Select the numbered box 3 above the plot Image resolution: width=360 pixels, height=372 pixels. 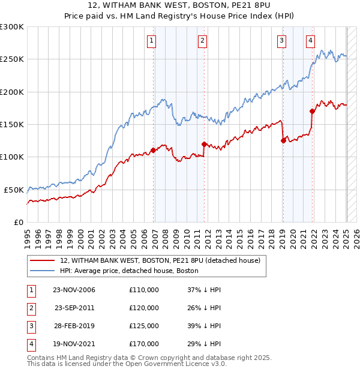click(x=281, y=41)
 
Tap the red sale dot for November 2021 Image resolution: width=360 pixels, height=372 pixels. click(x=312, y=111)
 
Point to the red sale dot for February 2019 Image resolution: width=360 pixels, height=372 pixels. click(x=283, y=140)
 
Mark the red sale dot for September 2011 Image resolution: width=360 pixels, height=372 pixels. click(x=204, y=144)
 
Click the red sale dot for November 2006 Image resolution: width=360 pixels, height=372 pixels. click(x=153, y=150)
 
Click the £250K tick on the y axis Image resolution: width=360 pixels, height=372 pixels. click(x=12, y=59)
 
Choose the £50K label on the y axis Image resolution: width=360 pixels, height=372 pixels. click(x=14, y=190)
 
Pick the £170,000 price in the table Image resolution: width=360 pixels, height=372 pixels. click(x=144, y=344)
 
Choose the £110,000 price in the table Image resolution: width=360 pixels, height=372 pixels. click(x=144, y=290)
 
